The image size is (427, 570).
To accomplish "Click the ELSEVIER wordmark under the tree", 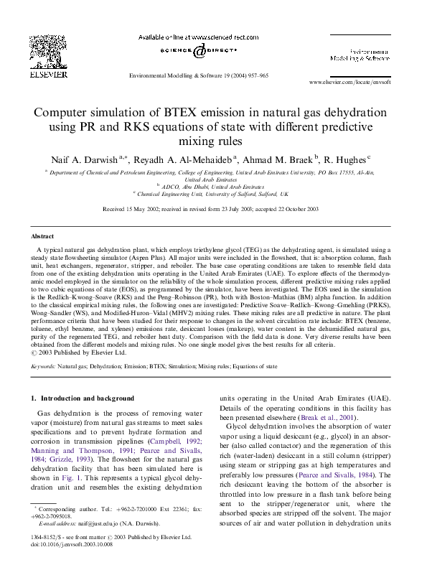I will (49, 73).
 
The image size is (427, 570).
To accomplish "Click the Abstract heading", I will (42, 235).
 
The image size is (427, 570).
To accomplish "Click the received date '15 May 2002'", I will (143, 208).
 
